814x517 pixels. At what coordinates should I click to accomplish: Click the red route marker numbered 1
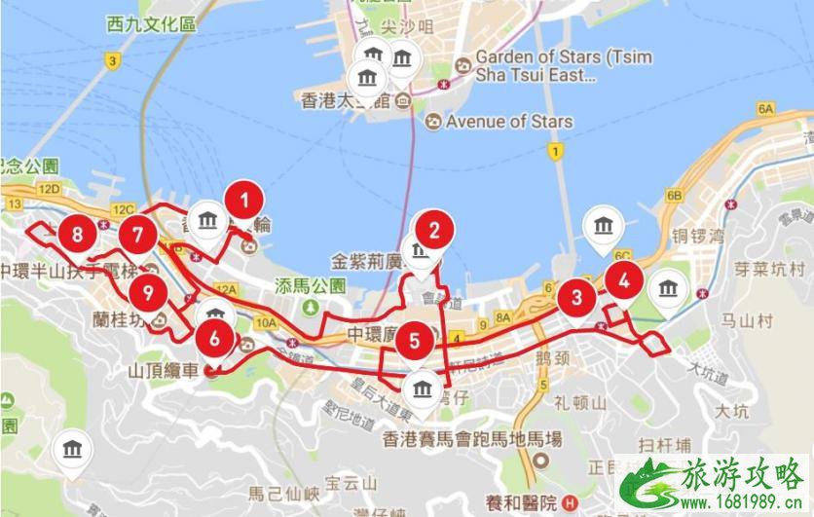tap(244, 201)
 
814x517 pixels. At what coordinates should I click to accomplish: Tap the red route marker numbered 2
tap(434, 230)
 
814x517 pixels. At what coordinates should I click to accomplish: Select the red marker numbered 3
tap(577, 297)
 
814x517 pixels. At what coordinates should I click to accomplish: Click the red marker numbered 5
tap(415, 341)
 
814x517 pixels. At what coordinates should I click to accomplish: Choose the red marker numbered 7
tap(138, 235)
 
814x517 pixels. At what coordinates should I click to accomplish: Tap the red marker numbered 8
tap(77, 234)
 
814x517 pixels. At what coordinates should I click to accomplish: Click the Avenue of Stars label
tap(509, 122)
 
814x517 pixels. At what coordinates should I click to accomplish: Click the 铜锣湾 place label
tap(698, 236)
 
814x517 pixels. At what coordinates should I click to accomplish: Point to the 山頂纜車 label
tap(163, 371)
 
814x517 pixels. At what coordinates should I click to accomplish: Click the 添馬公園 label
tap(311, 286)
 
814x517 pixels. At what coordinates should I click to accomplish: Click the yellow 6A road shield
tap(765, 108)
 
